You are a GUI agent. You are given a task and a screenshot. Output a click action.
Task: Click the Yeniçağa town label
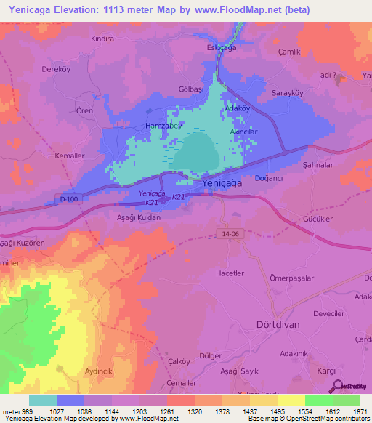[x=222, y=185]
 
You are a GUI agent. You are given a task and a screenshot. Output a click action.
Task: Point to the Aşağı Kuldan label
[x=128, y=217]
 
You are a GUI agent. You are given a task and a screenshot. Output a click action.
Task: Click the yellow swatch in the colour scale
[x=291, y=400]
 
